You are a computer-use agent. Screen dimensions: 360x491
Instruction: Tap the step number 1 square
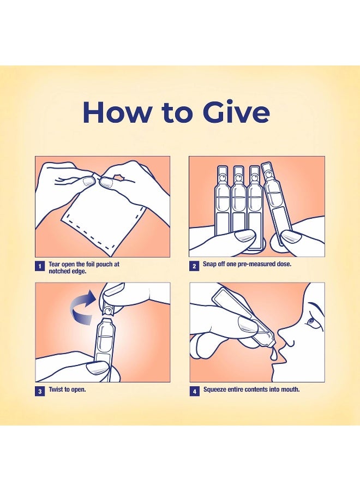[40, 266]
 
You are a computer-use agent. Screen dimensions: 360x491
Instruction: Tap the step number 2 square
[194, 266]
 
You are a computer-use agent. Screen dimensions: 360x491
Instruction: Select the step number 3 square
[40, 391]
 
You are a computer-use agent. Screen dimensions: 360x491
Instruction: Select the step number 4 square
[194, 391]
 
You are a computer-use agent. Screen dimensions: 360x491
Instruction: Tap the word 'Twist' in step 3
[56, 390]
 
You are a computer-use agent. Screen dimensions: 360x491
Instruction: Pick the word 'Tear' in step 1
[55, 264]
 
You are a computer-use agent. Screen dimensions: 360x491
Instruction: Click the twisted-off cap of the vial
[109, 307]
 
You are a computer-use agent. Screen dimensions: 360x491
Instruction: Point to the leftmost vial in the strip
[221, 200]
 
